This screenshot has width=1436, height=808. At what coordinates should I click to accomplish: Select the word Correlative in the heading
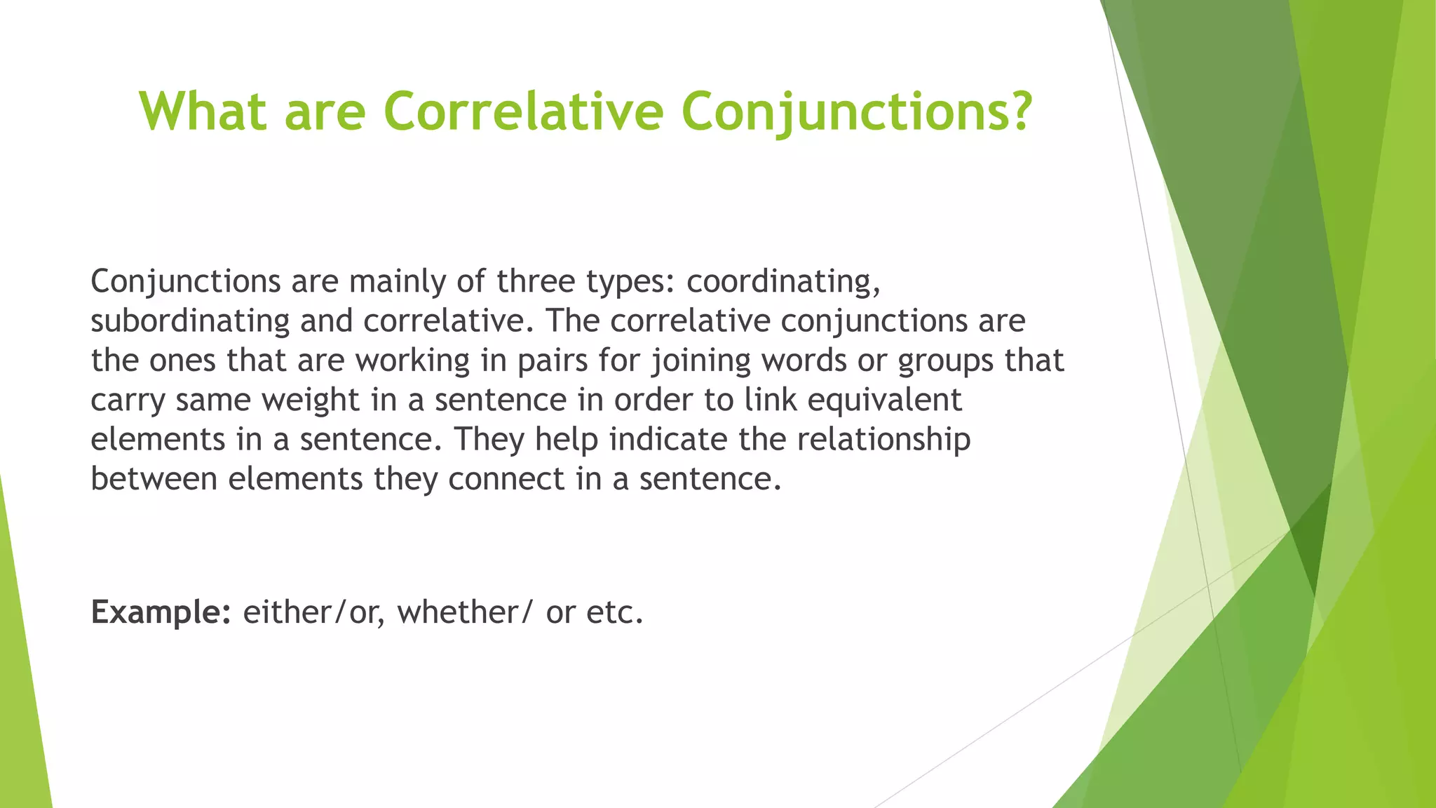tap(523, 111)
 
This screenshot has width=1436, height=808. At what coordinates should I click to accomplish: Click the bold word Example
tap(161, 612)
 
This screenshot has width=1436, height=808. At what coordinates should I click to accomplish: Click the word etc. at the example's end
tap(615, 612)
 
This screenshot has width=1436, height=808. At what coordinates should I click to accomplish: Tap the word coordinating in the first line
tap(783, 282)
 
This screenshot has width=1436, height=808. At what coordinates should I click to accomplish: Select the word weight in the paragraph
tap(310, 400)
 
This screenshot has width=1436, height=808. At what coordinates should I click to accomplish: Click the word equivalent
tap(884, 400)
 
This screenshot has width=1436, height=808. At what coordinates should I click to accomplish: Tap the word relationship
tap(883, 440)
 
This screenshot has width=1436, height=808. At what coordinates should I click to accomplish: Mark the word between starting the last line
tap(154, 480)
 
